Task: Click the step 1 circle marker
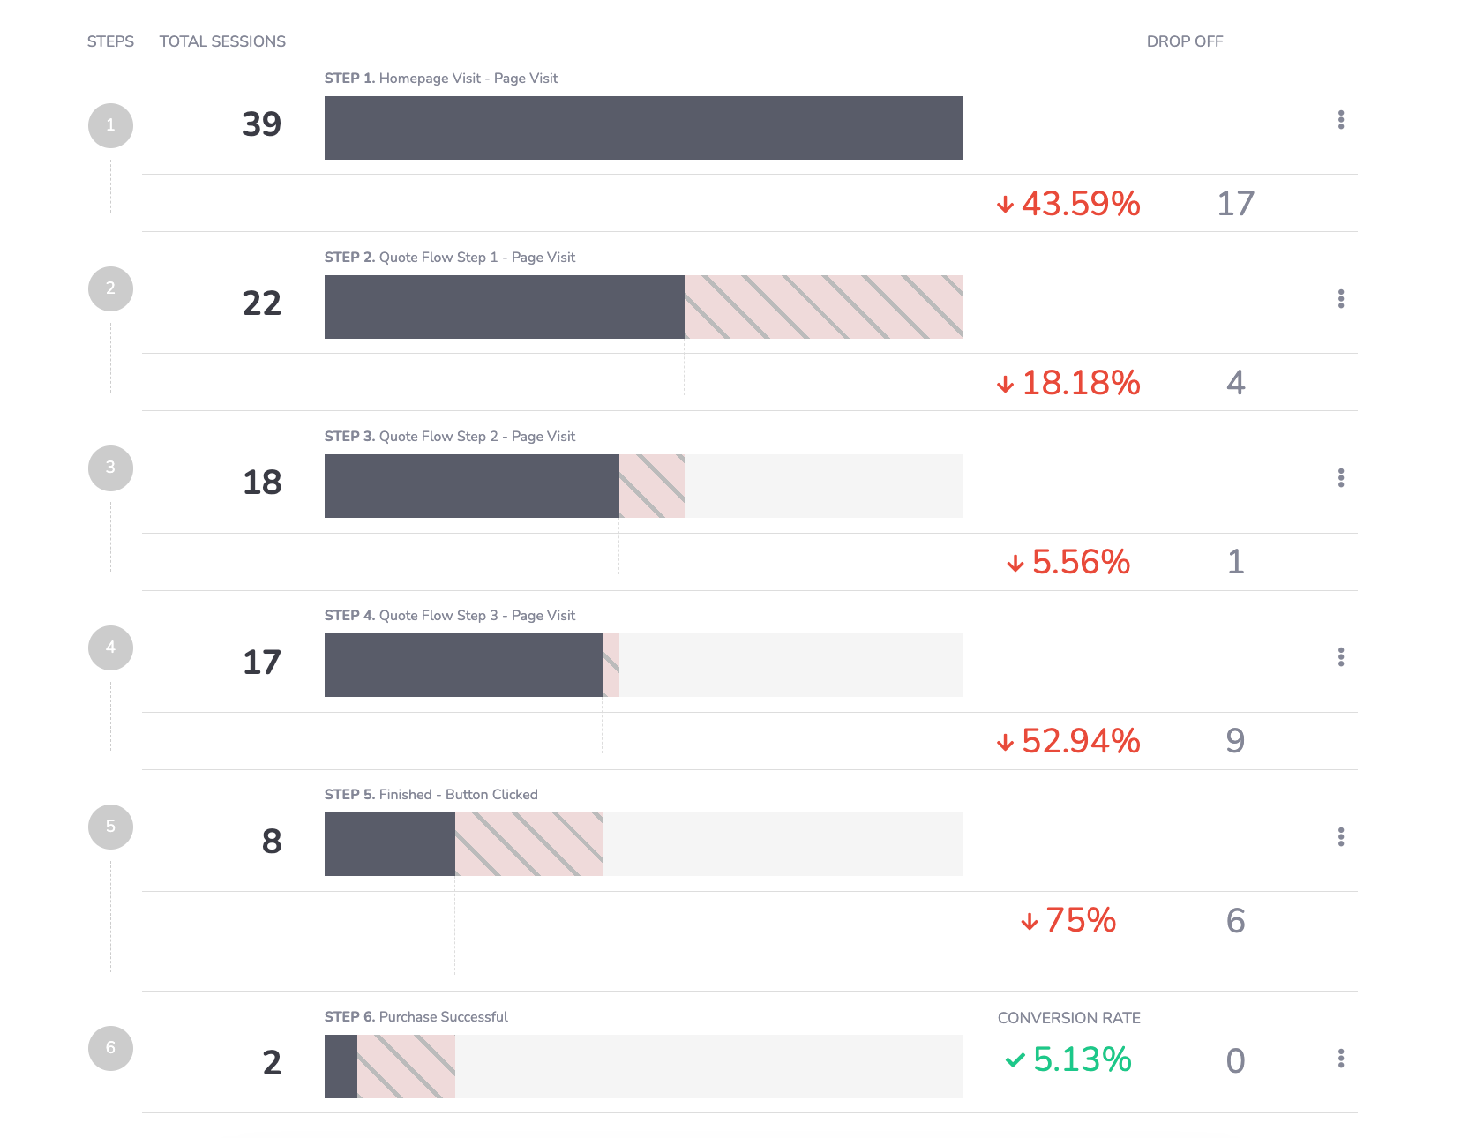[x=110, y=125]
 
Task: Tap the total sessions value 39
[x=261, y=124]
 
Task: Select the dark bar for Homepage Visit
[x=643, y=128]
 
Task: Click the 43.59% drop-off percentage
[x=1080, y=204]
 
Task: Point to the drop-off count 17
[x=1235, y=204]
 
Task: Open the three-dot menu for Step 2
[x=1340, y=299]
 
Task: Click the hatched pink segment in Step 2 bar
[x=823, y=307]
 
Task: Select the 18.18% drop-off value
[x=1080, y=383]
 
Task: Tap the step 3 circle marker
[x=110, y=468]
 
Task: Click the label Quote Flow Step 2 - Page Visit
[x=476, y=437]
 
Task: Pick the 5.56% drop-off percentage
[x=1080, y=562]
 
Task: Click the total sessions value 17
[x=261, y=663]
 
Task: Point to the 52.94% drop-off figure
[x=1080, y=741]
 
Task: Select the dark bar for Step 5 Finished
[x=389, y=844]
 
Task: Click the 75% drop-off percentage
[x=1080, y=920]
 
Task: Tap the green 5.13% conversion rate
[x=1081, y=1059]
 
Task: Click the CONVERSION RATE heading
[x=1068, y=1018]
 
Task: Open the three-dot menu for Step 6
[x=1340, y=1059]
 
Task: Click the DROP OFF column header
[x=1184, y=41]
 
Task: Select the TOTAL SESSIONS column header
[x=222, y=41]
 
